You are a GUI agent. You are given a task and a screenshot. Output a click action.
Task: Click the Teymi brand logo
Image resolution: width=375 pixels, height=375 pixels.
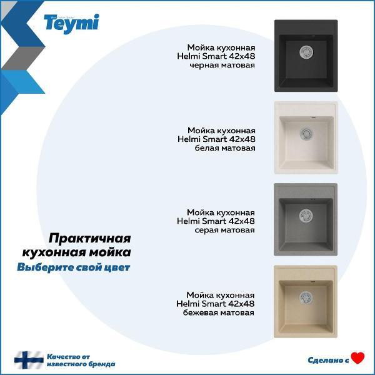71,24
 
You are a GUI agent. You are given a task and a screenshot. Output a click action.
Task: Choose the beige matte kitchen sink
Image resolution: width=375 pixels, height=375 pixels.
306,302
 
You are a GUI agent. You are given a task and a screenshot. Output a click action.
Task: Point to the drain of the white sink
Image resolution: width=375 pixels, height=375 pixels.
306,132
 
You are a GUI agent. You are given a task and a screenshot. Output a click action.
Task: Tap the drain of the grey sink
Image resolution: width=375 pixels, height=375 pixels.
306,214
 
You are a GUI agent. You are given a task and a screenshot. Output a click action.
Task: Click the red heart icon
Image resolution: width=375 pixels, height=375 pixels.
357,358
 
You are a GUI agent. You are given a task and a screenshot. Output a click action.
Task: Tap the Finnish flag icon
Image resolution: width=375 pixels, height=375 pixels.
29,360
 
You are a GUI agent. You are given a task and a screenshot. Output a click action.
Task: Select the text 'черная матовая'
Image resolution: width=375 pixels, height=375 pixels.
222,65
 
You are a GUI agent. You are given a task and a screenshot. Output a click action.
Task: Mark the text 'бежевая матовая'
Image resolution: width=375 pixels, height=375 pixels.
220,312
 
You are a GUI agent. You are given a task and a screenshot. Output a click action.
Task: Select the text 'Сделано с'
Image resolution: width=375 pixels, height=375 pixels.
328,360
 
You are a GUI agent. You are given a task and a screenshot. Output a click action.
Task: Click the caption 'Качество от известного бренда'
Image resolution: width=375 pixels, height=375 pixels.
81,360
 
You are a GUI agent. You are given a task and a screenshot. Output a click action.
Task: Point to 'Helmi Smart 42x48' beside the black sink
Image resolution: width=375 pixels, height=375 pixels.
216,56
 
